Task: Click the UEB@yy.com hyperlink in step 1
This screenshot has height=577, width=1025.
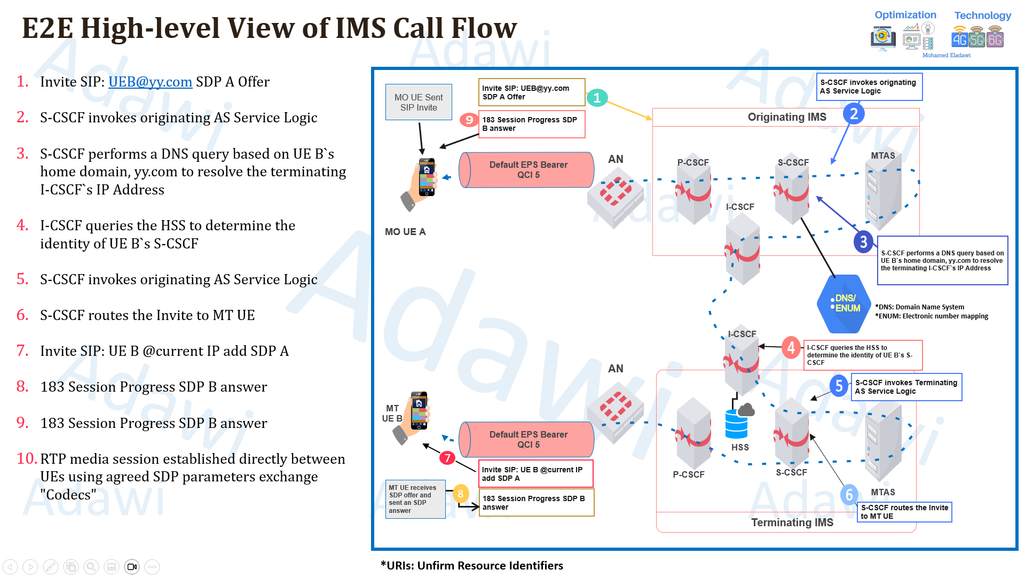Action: tap(150, 82)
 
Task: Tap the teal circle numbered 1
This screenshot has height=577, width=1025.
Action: tap(597, 98)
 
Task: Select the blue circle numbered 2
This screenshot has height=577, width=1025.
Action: tap(854, 114)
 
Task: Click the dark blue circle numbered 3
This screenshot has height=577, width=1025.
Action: tap(863, 242)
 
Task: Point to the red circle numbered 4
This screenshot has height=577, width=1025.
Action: tap(791, 348)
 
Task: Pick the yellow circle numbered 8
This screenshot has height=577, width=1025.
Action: tap(460, 494)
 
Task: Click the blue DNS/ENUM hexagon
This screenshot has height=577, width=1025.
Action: tap(844, 303)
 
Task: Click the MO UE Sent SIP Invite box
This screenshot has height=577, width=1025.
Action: tap(419, 102)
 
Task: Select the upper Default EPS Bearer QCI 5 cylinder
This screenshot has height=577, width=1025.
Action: tap(527, 170)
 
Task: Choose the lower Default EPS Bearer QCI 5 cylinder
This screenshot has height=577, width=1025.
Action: tap(527, 439)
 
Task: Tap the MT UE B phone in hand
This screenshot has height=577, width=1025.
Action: tap(413, 417)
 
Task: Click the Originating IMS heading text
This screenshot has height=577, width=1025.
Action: tap(786, 117)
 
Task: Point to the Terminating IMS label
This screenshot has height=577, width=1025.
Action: tap(792, 522)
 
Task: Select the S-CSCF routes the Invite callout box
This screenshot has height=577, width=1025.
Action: tap(904, 512)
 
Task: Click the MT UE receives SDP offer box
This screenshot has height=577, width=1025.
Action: tap(415, 499)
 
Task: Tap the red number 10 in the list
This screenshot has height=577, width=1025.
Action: tap(26, 458)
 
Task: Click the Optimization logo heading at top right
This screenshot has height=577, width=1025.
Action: tap(905, 15)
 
